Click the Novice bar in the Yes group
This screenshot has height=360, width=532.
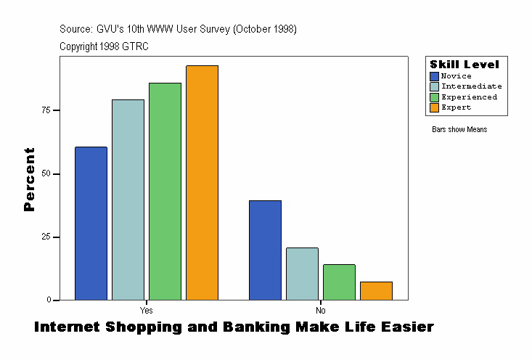tap(91, 224)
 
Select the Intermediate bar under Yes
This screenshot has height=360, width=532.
tap(128, 200)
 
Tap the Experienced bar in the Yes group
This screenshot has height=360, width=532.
tap(165, 192)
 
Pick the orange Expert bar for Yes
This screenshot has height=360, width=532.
tap(202, 183)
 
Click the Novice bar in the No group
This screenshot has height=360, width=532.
tap(265, 250)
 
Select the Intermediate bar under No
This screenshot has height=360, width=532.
tap(302, 274)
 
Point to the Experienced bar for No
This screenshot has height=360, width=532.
tap(339, 282)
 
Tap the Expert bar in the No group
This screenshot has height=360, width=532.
tap(376, 290)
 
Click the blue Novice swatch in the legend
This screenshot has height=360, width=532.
tap(434, 76)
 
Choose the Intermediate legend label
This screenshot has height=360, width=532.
tap(471, 86)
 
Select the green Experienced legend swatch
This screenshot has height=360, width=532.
tap(434, 97)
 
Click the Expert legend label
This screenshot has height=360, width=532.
tap(457, 107)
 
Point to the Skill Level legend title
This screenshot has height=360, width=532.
tap(464, 65)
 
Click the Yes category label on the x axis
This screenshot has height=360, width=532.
tap(146, 309)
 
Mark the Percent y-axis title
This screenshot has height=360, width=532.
tap(29, 179)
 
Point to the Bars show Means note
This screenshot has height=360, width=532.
tap(459, 130)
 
